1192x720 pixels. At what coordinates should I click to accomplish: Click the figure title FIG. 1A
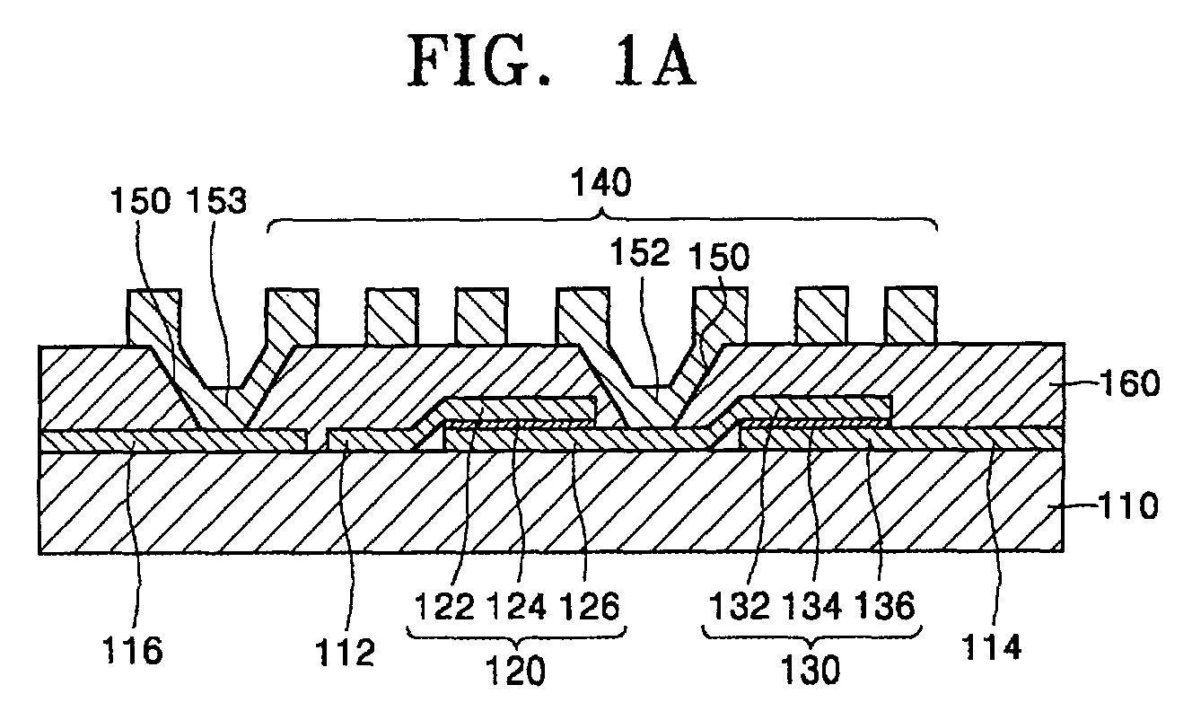552,59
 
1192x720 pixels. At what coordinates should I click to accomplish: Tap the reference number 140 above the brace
601,182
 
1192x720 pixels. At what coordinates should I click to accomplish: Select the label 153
216,200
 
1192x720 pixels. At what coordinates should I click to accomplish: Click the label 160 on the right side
1130,383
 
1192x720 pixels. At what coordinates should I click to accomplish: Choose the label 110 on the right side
1128,505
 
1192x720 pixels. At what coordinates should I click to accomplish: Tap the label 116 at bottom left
133,650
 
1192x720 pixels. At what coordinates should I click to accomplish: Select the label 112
346,652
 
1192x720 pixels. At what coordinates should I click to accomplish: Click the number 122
444,606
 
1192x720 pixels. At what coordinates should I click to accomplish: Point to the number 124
517,606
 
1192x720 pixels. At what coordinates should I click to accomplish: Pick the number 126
590,606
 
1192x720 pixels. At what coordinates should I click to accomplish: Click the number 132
741,606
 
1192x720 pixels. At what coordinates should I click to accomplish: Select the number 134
812,606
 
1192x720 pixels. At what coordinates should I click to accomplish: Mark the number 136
885,606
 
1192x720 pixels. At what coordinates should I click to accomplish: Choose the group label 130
811,670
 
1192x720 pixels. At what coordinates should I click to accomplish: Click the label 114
991,647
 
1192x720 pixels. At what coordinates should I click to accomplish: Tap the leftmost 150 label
141,200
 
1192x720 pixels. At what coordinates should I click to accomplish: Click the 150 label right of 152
719,256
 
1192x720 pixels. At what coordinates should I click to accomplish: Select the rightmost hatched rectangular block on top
911,315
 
